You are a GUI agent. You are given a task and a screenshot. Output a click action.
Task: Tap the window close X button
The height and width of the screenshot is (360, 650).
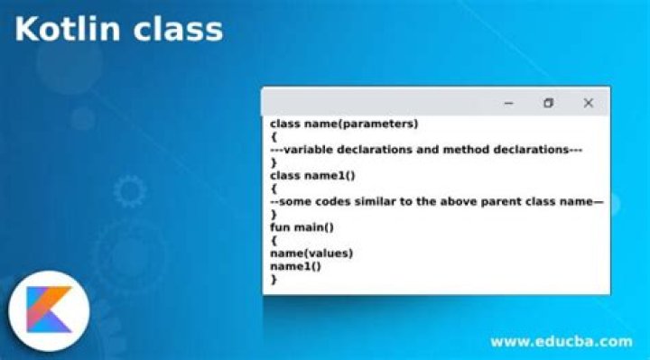[x=588, y=103]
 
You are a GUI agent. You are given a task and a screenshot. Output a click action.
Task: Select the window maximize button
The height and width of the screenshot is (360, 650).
[x=548, y=103]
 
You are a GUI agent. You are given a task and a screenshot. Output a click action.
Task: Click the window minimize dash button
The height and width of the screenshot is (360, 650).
[x=508, y=103]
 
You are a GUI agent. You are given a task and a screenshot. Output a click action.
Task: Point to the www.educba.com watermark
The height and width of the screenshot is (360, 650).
[x=561, y=341]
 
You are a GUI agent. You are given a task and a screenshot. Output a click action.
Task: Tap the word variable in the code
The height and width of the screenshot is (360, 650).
[x=311, y=150]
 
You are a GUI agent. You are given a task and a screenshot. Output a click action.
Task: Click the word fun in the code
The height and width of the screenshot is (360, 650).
[x=281, y=227]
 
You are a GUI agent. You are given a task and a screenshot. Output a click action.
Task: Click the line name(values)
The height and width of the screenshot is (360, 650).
[x=311, y=254]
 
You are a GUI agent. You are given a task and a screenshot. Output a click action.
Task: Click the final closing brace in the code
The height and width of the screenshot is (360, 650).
[x=274, y=280]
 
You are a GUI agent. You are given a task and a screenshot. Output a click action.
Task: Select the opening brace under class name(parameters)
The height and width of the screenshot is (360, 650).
[x=274, y=136]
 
